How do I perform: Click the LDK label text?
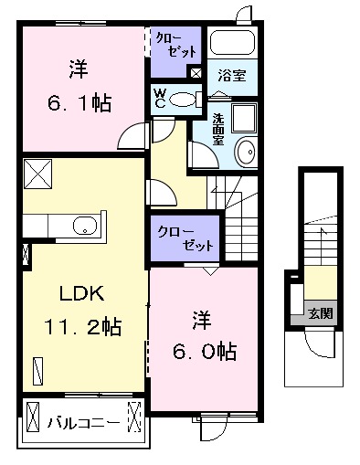coord(84,295)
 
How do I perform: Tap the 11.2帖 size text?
coord(83,324)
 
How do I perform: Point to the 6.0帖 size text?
coord(203,349)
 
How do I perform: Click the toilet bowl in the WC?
coord(184,99)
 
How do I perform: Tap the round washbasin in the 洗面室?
coord(246,151)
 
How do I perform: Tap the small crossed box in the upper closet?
coord(195,73)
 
